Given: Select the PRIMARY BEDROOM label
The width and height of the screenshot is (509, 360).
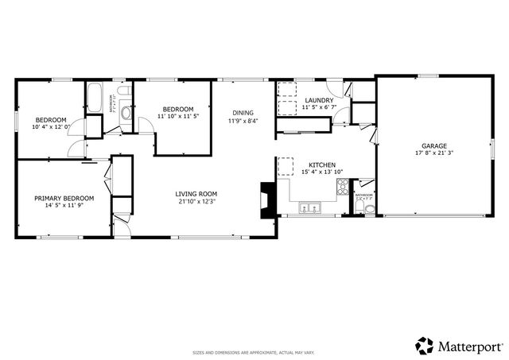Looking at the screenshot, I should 64,198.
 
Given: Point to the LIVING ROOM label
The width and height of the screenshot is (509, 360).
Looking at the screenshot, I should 196,193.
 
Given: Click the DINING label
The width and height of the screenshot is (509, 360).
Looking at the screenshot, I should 243,112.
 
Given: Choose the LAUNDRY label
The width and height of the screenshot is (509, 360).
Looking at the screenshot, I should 318,100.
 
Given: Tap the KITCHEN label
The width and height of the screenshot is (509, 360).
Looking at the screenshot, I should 322,165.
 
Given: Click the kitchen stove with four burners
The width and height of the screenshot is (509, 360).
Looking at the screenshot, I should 343,188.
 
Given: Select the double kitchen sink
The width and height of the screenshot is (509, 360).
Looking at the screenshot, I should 309,208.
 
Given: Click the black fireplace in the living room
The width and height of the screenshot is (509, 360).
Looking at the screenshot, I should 268,199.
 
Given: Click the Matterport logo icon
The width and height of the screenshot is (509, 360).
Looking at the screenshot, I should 425,346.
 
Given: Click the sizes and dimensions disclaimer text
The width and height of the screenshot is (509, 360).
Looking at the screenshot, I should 254,352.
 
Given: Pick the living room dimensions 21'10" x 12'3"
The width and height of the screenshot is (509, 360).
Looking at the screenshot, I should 196,201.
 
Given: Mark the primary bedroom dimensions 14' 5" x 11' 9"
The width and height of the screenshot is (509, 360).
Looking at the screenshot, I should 64,206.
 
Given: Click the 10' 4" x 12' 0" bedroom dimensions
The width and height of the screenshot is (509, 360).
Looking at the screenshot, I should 52,126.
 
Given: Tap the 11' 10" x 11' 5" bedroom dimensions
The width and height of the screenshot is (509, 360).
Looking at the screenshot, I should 178,116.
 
